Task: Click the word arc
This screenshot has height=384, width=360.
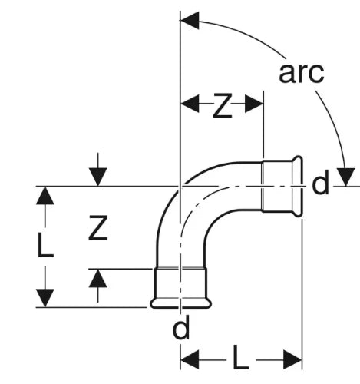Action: tap(302, 73)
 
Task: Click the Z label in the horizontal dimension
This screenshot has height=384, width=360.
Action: tap(223, 106)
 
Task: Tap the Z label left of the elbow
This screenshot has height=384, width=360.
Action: tap(98, 228)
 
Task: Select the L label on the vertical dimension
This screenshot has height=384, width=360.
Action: tap(45, 244)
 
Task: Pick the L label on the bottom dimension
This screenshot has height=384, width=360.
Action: tap(241, 357)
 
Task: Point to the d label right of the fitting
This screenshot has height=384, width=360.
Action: tap(320, 183)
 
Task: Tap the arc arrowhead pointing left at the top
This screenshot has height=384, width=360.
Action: tap(190, 20)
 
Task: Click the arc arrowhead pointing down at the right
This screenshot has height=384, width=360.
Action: tap(345, 177)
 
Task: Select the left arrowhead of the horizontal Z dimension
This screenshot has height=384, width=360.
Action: tap(190, 104)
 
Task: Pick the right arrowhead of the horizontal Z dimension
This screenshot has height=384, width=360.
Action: tap(254, 104)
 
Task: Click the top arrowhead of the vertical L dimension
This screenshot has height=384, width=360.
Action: tap(45, 196)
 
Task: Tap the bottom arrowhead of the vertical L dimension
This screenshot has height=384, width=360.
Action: tap(45, 298)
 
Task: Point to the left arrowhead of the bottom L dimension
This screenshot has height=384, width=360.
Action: tap(190, 360)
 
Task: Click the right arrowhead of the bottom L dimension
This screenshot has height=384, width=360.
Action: tap(293, 360)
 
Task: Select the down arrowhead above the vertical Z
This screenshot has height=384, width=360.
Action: tap(97, 177)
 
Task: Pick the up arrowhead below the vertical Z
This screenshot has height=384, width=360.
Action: tap(97, 279)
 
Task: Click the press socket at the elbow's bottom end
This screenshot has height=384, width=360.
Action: tap(180, 287)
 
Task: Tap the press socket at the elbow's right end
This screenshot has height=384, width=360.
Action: tap(282, 186)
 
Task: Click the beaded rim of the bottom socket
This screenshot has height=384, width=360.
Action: tap(180, 303)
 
